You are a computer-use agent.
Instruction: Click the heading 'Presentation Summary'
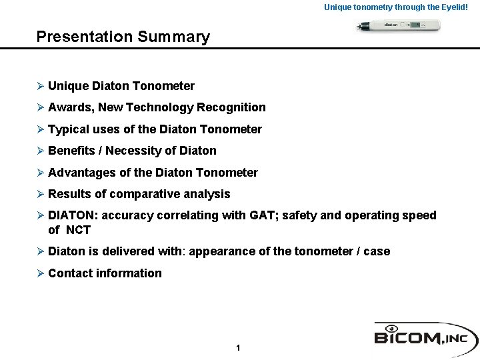(123, 37)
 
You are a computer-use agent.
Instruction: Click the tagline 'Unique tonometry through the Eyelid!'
(401, 7)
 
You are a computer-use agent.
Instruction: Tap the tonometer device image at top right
(396, 26)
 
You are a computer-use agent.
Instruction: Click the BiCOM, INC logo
(425, 335)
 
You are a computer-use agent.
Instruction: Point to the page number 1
(238, 348)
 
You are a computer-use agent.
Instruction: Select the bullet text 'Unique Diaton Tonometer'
(121, 86)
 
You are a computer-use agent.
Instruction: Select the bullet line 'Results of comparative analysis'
(139, 194)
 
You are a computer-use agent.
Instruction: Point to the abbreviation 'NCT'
(78, 230)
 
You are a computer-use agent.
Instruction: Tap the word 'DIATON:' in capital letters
(72, 215)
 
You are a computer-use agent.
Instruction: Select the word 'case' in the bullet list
(377, 251)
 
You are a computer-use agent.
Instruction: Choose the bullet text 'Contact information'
(105, 273)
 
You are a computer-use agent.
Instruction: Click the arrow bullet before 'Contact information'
(41, 273)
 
